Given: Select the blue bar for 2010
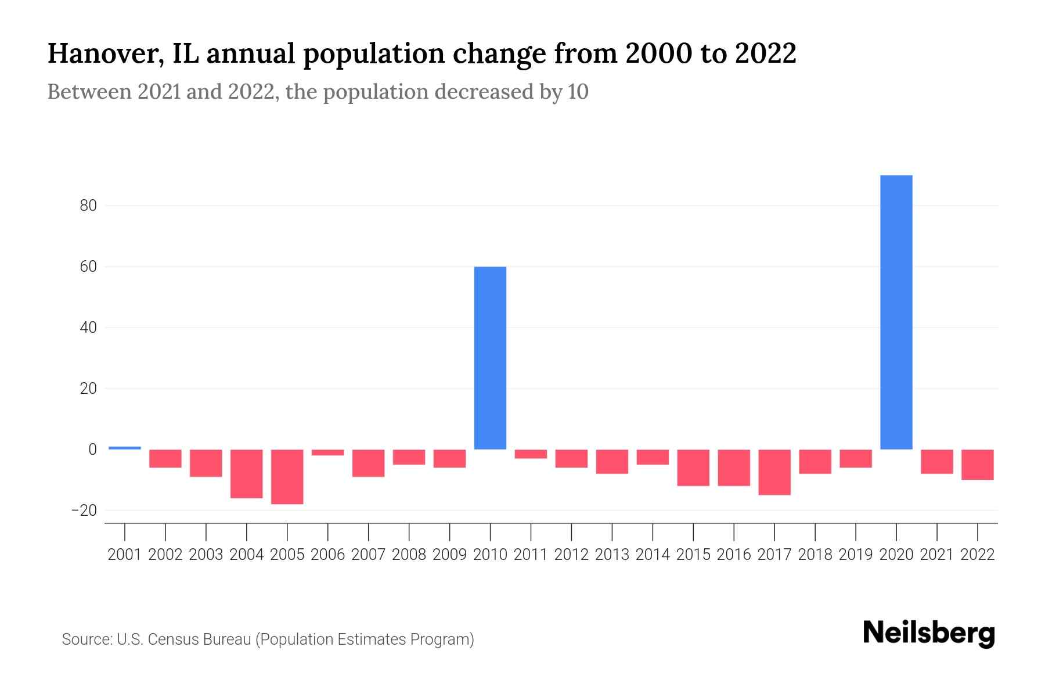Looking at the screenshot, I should [490, 358].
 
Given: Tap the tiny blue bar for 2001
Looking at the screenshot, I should [125, 448].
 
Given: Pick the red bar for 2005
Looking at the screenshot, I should [287, 476].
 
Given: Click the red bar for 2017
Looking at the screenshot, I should [774, 472].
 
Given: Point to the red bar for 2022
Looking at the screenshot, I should [978, 464].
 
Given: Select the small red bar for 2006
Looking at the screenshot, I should [328, 452].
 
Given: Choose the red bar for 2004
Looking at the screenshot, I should [247, 473].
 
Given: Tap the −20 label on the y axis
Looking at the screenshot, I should [84, 511].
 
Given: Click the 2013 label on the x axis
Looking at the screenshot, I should [612, 555].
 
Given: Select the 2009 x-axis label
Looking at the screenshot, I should [449, 555].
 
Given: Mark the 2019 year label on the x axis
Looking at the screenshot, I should [856, 555].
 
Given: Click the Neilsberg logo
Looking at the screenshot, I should [929, 633].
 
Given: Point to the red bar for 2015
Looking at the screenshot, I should [693, 467].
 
